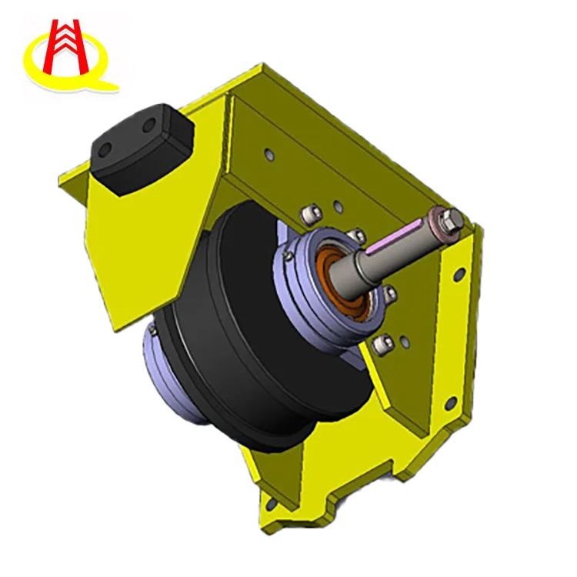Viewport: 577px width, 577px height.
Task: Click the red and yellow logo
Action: pyautogui.click(x=69, y=54)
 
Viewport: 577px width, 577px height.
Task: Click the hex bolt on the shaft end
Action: pyautogui.click(x=452, y=218)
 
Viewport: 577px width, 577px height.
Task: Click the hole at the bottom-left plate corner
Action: pyautogui.click(x=270, y=505)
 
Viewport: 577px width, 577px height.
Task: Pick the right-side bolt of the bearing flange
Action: pyautogui.click(x=390, y=293)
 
